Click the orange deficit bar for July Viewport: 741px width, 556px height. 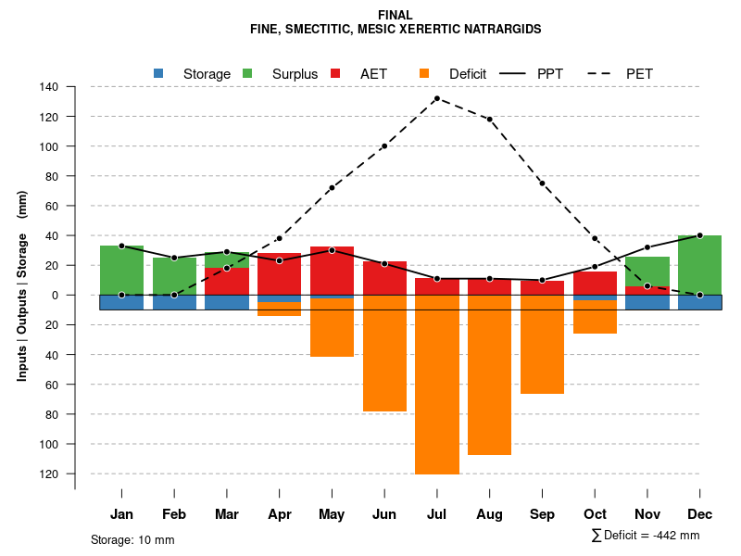437,385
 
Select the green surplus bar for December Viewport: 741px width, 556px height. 699,265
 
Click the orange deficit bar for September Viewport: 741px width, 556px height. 542,344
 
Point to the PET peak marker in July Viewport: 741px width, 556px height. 437,98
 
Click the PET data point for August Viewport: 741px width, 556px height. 489,120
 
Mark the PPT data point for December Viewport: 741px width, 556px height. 699,235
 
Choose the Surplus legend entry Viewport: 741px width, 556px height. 282,73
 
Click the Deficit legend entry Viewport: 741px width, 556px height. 454,73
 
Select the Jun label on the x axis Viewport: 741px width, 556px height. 384,514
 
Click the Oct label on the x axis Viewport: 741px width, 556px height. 595,514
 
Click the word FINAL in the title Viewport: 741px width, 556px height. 396,15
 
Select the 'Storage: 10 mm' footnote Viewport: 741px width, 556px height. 132,539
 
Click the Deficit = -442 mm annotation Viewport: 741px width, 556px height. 646,536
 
